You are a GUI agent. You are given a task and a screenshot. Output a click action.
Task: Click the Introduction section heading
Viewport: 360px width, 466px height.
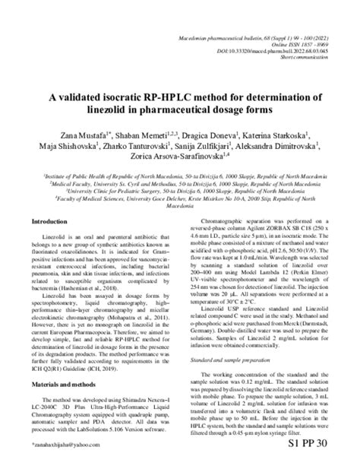click(51, 221)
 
